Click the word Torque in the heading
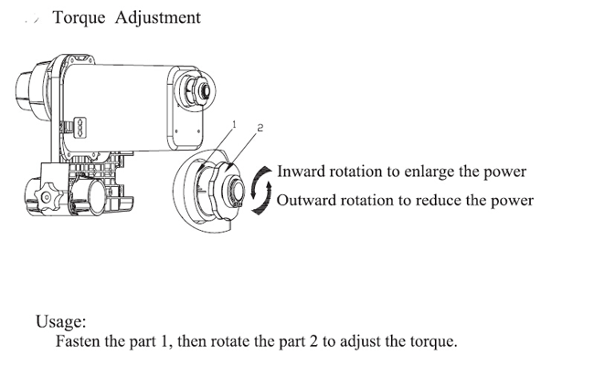click(79, 18)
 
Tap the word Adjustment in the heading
click(157, 18)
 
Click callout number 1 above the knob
click(234, 124)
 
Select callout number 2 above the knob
click(260, 128)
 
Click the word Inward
click(302, 172)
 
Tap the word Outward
click(306, 200)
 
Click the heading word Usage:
click(61, 322)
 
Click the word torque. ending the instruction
click(434, 342)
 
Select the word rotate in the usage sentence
click(230, 341)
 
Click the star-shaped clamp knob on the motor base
click(47, 197)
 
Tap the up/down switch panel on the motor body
click(80, 128)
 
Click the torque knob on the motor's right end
click(197, 91)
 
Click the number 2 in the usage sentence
click(313, 341)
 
